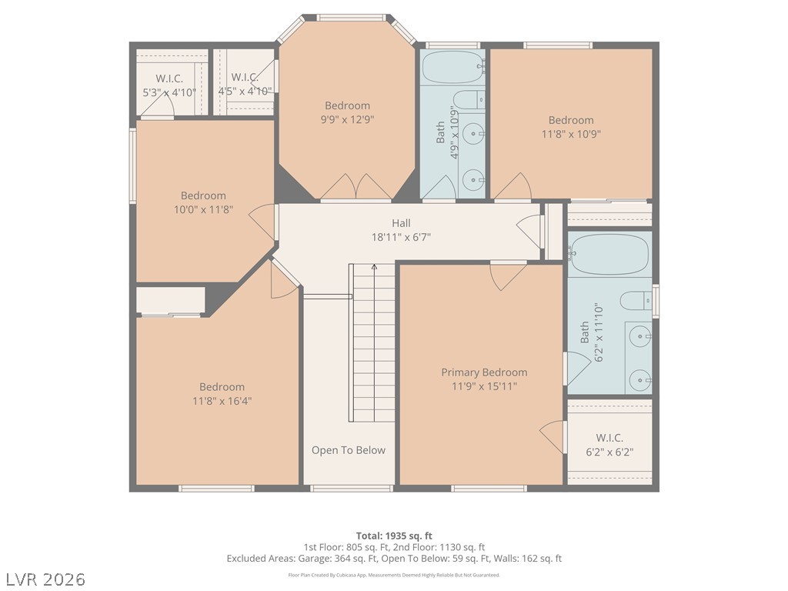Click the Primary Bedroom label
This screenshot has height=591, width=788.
coord(484,372)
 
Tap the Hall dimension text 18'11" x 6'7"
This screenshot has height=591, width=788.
coord(401,237)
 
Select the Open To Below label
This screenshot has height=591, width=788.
coord(349,450)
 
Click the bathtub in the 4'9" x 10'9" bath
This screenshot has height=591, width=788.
coord(452,67)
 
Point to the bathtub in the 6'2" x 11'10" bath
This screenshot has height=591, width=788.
coord(609,254)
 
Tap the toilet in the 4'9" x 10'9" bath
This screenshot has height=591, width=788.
coord(469,99)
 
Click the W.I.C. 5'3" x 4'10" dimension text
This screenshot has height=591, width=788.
coord(169,92)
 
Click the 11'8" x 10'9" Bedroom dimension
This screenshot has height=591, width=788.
coord(571,134)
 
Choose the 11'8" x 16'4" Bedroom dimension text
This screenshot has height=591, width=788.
coord(222,401)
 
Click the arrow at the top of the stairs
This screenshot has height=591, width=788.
coord(374,267)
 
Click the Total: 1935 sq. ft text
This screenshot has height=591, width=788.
coord(394,536)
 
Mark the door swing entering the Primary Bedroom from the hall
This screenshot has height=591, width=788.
coord(508,276)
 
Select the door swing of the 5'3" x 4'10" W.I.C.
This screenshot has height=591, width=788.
coord(157,105)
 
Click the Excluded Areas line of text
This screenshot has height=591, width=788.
coord(394,559)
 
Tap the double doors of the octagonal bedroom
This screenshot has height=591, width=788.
coord(356,186)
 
